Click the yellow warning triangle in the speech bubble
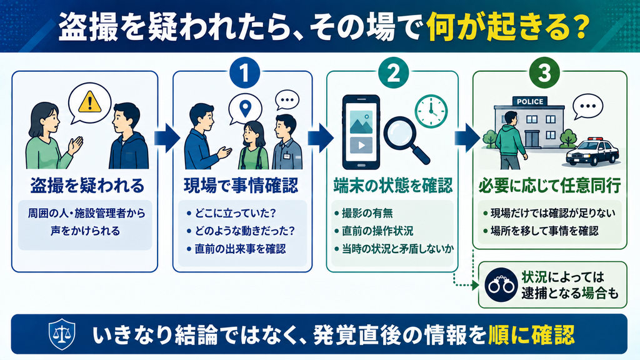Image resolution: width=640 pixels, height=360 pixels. (x=89, y=102)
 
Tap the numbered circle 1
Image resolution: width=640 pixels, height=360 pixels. (x=244, y=73)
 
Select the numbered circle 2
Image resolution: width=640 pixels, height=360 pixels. (x=394, y=73)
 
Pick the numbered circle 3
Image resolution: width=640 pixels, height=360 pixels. (x=544, y=73)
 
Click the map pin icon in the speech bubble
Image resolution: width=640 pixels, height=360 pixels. (x=245, y=109)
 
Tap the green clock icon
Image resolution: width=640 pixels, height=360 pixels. (x=431, y=111)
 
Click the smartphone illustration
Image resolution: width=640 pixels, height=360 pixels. (x=361, y=132)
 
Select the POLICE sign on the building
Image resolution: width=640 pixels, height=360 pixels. (x=530, y=102)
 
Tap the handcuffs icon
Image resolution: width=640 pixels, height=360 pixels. (x=501, y=284)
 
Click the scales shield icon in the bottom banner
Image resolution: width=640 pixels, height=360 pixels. (x=62, y=334)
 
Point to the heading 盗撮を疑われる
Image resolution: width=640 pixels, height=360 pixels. (x=87, y=186)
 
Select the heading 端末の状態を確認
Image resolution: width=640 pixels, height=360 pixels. (x=393, y=186)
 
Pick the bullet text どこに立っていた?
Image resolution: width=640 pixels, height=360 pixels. (x=235, y=213)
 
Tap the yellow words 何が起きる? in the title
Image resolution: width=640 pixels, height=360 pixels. (x=508, y=27)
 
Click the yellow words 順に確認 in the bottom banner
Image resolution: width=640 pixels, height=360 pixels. (x=531, y=335)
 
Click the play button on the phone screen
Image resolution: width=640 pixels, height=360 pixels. (x=361, y=145)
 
